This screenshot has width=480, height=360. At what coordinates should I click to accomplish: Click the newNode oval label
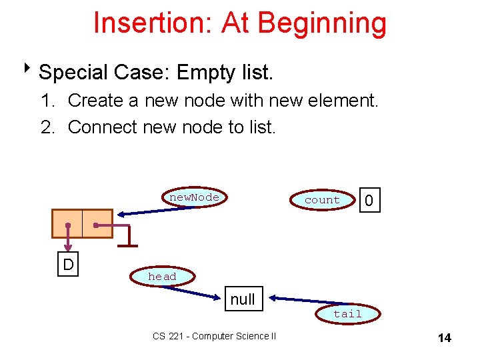coord(194,197)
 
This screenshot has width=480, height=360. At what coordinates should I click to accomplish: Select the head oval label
coord(162,277)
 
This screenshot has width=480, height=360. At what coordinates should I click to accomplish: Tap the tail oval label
coord(347,313)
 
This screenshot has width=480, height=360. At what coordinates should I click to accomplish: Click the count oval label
coord(322,200)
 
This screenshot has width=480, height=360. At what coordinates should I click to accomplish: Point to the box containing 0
coord(369,200)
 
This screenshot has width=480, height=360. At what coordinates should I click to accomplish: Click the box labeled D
coord(68,265)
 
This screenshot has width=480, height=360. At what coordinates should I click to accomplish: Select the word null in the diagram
coord(243,299)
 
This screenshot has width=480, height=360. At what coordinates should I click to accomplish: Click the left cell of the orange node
coord(67,223)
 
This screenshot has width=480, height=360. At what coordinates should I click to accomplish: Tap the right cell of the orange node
coord(97,223)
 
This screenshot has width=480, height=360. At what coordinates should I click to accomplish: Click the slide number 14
coord(444,338)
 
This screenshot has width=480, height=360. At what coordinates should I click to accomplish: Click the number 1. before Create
coord(47,101)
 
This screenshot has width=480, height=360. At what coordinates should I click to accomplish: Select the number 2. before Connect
coord(47,127)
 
